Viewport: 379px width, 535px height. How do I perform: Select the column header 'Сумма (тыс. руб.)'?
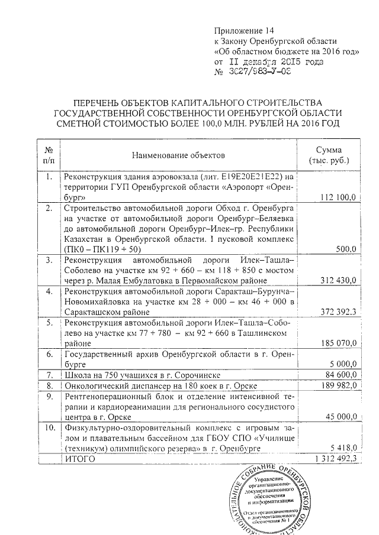pyautogui.click(x=329, y=155)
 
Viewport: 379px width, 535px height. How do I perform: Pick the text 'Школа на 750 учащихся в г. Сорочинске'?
pyautogui.click(x=142, y=375)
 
